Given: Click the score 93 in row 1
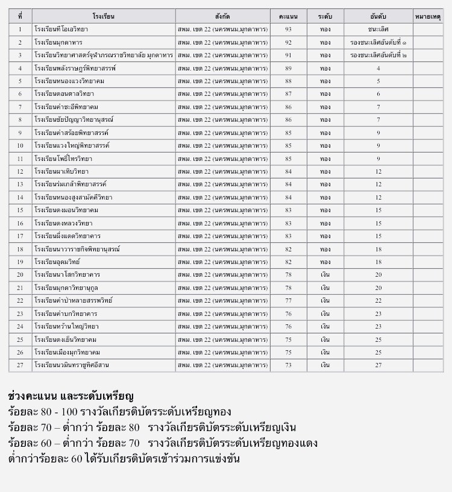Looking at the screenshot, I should click(289, 29).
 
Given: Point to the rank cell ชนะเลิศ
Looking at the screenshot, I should click(378, 29).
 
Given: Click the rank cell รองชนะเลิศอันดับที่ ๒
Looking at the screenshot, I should click(378, 55).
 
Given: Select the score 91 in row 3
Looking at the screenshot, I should click(289, 55).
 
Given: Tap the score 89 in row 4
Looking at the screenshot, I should click(289, 68).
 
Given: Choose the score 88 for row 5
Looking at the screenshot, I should click(289, 81).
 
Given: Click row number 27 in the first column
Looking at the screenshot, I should click(20, 365).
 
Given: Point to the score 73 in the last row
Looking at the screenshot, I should click(289, 365).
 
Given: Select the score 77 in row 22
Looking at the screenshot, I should click(289, 300).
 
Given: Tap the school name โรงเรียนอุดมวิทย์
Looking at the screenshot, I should click(57, 262).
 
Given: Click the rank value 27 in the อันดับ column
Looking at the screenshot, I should click(378, 365).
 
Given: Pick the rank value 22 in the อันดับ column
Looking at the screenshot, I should click(378, 300).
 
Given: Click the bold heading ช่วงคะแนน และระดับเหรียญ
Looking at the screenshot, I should click(71, 396).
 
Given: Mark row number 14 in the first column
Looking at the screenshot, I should click(20, 197).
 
